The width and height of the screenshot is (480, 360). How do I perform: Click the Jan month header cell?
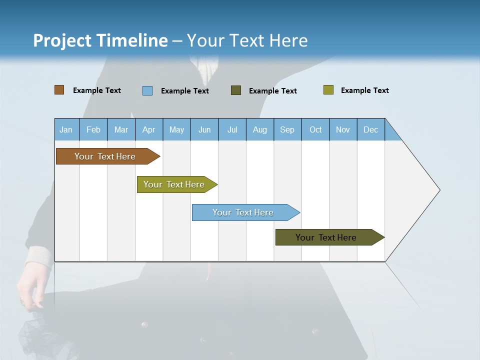(x=66, y=129)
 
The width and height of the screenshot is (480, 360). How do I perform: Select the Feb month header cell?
(x=93, y=129)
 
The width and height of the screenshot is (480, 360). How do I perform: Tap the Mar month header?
(x=121, y=129)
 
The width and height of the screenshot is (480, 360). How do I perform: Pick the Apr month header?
(x=149, y=129)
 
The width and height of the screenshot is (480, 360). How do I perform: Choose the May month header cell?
(x=176, y=129)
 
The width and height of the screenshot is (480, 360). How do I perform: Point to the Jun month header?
(x=204, y=129)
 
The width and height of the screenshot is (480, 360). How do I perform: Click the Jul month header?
(x=232, y=129)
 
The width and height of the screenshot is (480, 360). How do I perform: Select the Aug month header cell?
(x=260, y=129)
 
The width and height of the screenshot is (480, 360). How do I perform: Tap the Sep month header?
(x=287, y=129)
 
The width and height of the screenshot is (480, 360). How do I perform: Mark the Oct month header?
(x=315, y=129)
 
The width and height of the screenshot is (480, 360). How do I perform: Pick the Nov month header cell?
(x=343, y=129)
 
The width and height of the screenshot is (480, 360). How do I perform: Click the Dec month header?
(x=371, y=129)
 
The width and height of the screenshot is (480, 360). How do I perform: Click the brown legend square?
(x=59, y=90)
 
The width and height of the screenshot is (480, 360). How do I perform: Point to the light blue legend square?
(x=147, y=90)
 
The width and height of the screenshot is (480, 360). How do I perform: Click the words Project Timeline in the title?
(x=100, y=40)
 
